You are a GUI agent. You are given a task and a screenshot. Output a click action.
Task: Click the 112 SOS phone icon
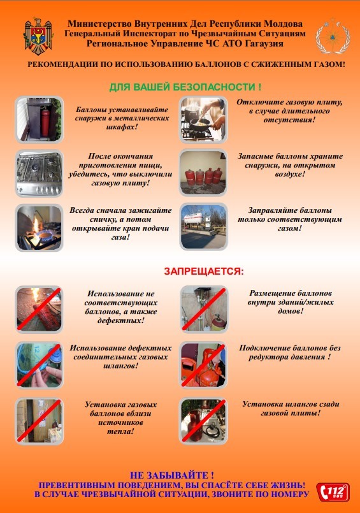333,492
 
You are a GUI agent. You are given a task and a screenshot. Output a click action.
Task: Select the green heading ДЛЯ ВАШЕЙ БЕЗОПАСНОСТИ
185,87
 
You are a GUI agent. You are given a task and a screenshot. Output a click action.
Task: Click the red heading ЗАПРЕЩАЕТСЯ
204,271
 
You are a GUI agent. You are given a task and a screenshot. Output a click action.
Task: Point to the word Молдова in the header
283,24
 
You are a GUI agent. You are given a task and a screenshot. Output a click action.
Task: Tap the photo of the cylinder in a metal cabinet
40,119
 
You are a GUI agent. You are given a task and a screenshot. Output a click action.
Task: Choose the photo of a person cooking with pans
203,119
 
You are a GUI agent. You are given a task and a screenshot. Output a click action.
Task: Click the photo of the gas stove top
40,173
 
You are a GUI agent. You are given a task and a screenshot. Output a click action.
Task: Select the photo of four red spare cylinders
203,173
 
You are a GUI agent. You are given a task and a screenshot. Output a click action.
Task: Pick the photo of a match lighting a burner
40,228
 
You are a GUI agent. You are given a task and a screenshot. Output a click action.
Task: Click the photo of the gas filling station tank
203,226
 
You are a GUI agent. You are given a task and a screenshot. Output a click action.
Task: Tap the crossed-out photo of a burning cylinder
40,310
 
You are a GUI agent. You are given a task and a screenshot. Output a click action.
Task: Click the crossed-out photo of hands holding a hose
40,365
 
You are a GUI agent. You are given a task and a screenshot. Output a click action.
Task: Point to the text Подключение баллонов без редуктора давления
290,352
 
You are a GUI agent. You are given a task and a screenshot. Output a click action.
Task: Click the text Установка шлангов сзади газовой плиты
291,408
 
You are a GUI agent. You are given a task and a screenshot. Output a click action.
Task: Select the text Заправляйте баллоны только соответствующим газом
290,219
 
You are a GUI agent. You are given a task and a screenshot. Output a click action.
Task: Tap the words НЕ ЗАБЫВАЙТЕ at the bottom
172,475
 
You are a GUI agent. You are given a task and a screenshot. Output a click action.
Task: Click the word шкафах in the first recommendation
122,127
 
